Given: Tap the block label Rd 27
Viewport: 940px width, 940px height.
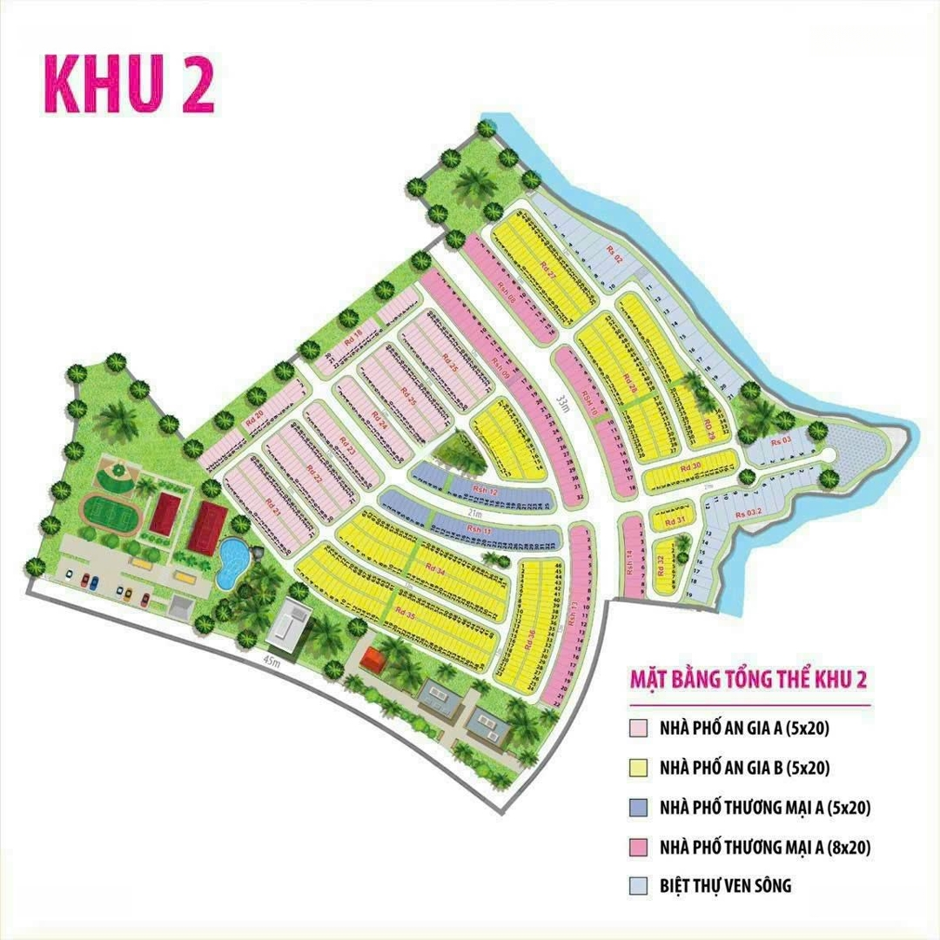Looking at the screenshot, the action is coord(547,270).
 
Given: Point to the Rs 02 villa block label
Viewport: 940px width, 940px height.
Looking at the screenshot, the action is coord(615,253).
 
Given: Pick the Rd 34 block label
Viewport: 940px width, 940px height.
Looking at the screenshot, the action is coord(433,569).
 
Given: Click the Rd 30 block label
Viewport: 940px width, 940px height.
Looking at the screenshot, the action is coord(690,467).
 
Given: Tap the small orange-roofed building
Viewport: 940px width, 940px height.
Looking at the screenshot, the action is coord(373,659).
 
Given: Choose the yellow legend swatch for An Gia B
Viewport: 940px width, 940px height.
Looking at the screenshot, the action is coord(637,768).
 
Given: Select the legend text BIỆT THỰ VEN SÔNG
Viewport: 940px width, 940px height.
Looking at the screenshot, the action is coord(726,886).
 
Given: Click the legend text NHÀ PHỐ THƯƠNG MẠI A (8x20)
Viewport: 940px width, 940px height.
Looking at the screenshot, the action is coord(765,846).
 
